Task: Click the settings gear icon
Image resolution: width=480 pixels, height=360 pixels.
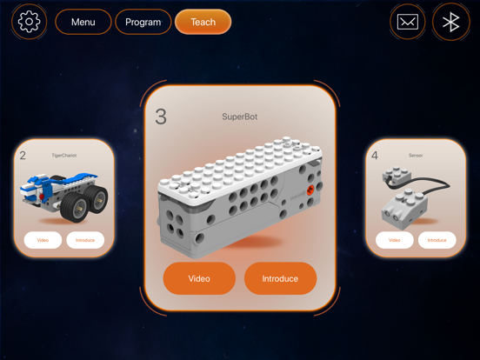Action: [30, 22]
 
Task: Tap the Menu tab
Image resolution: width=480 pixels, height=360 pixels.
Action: [83, 22]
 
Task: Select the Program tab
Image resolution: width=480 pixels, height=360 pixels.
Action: [143, 22]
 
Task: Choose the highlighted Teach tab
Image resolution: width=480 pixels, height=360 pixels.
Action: [203, 22]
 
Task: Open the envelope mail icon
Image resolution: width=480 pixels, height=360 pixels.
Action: [408, 22]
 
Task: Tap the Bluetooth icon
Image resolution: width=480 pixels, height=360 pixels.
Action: [450, 22]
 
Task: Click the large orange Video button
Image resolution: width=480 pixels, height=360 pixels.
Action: [199, 278]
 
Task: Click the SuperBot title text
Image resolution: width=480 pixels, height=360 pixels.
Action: [240, 117]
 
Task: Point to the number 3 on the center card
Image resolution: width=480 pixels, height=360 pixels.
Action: [161, 116]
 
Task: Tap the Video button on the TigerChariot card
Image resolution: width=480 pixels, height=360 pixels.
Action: [43, 240]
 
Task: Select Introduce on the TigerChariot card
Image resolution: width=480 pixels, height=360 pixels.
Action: [85, 240]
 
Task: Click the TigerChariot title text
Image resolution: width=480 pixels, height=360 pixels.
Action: [63, 156]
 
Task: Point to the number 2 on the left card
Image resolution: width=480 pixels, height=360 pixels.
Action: [23, 156]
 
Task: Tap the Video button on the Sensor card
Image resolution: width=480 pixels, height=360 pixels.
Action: [395, 240]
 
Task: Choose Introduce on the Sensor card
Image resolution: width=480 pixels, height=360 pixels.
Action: [437, 240]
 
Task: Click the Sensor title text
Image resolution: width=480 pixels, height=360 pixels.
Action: [416, 156]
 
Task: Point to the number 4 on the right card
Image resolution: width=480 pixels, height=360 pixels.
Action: [375, 156]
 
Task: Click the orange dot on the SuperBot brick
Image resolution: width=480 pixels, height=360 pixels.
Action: [310, 189]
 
